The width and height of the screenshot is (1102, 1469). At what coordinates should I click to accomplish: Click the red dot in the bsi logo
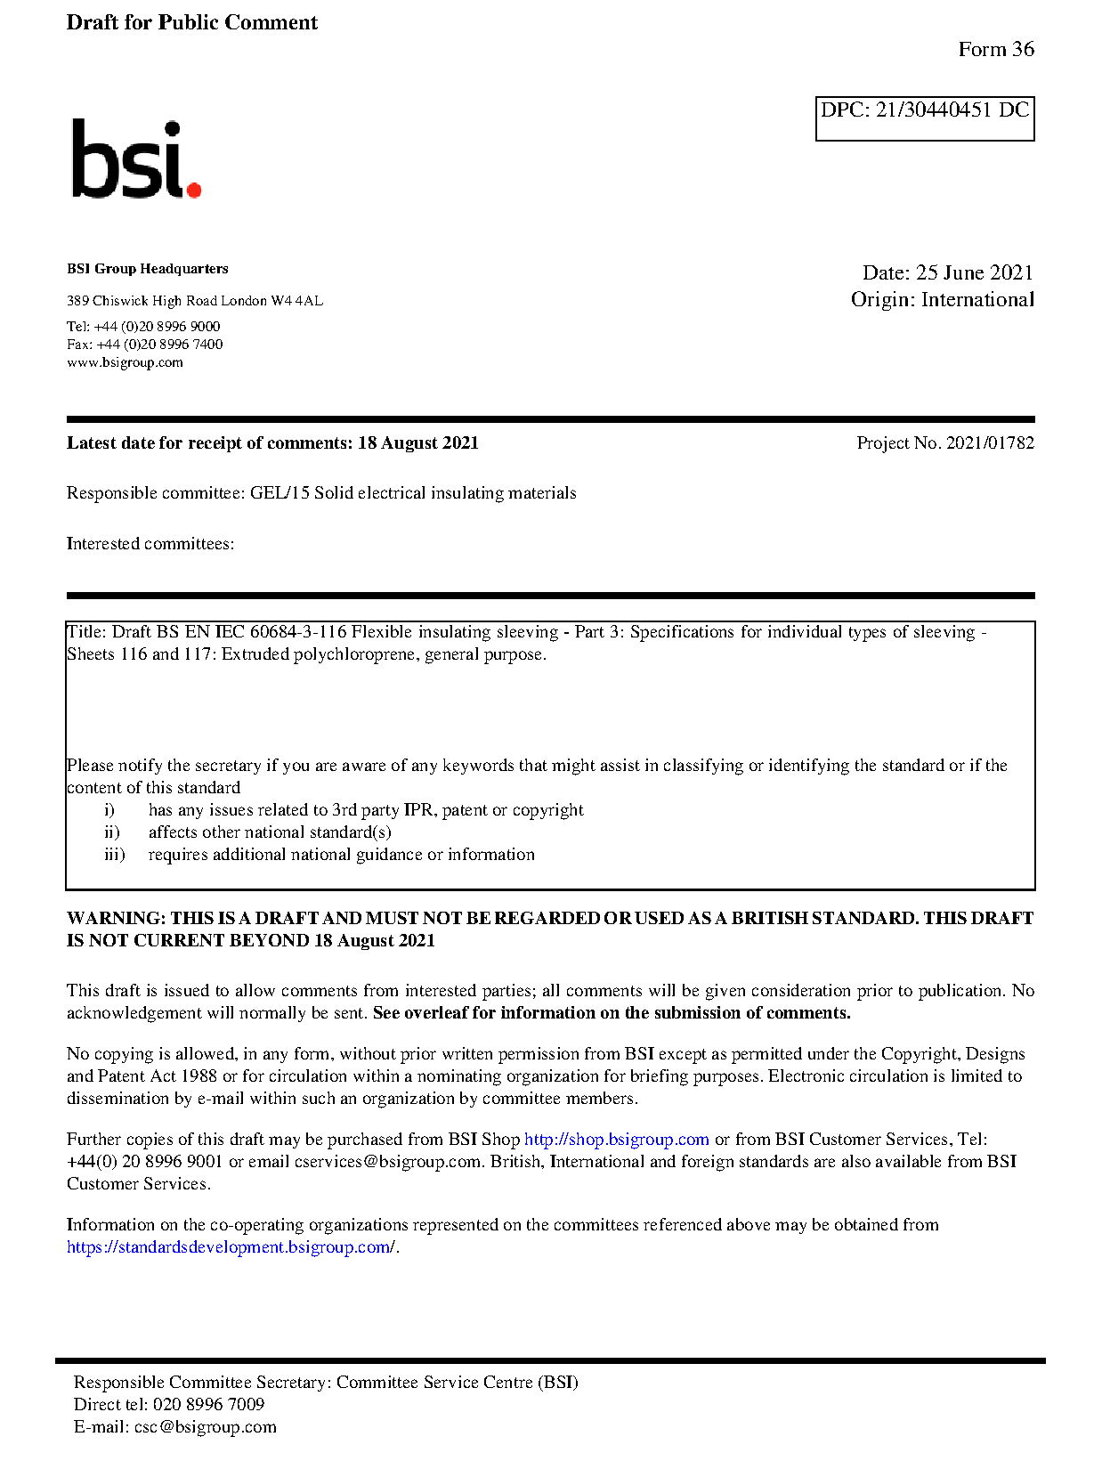(194, 189)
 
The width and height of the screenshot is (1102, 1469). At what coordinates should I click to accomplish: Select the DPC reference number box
(924, 118)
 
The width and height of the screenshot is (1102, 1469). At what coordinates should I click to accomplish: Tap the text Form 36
(995, 50)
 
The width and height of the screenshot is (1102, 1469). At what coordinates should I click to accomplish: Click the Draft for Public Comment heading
(191, 23)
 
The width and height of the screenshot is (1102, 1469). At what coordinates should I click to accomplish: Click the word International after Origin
(977, 300)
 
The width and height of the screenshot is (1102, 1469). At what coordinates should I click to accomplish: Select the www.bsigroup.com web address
(125, 362)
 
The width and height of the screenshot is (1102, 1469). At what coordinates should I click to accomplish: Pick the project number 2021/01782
(990, 443)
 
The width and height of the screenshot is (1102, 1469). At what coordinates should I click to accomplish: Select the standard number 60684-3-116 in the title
(297, 632)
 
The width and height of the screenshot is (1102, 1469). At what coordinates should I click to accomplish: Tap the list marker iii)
(114, 855)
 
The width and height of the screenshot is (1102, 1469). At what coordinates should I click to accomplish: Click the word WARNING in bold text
(116, 919)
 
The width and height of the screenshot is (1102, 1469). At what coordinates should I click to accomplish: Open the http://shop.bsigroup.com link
(616, 1140)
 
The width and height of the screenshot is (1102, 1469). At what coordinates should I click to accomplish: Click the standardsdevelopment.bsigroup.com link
(231, 1247)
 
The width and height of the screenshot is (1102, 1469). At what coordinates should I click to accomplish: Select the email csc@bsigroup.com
(205, 1427)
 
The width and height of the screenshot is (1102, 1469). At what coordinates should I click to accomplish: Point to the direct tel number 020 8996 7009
(208, 1405)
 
